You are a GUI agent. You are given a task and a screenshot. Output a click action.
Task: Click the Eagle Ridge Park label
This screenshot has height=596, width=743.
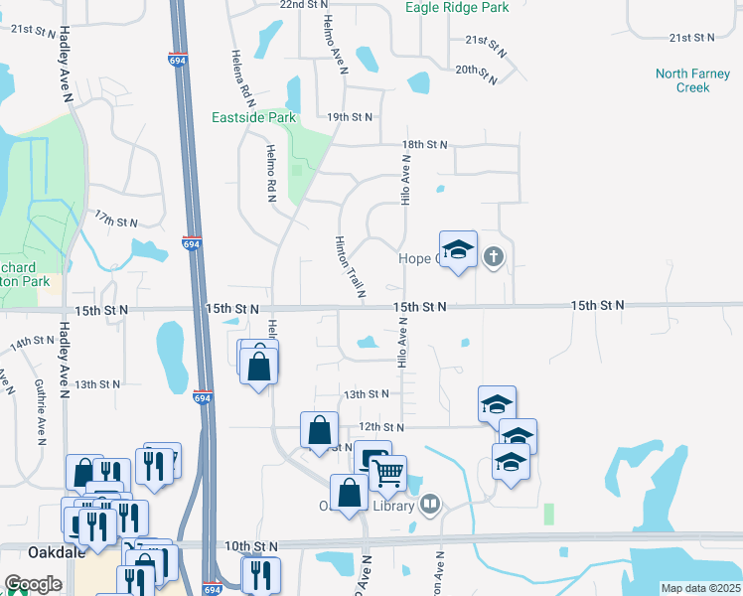[x=457, y=8]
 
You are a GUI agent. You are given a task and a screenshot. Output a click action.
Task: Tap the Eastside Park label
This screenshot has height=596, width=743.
[x=254, y=117]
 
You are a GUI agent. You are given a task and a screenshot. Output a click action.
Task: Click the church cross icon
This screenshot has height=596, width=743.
[x=492, y=257]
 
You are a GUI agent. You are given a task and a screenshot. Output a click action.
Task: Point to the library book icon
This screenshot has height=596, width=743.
[x=429, y=505]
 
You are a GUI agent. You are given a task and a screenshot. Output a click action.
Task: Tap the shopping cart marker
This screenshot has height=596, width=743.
[x=388, y=472]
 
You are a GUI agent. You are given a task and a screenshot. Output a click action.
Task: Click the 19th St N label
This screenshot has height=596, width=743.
[x=350, y=117]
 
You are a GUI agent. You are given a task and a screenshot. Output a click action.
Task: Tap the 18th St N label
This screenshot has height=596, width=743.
[x=425, y=145]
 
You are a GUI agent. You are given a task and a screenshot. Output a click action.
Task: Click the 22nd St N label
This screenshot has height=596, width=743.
[x=304, y=5]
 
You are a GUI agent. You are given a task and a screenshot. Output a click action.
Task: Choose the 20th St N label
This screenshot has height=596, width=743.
[x=476, y=72]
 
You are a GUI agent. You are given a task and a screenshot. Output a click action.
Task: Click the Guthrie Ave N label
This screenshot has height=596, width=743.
[x=40, y=411]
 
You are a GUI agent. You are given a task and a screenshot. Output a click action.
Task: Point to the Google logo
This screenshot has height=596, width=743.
[x=33, y=584]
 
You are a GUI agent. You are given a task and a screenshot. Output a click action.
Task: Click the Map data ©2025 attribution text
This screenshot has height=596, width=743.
[x=700, y=588]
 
